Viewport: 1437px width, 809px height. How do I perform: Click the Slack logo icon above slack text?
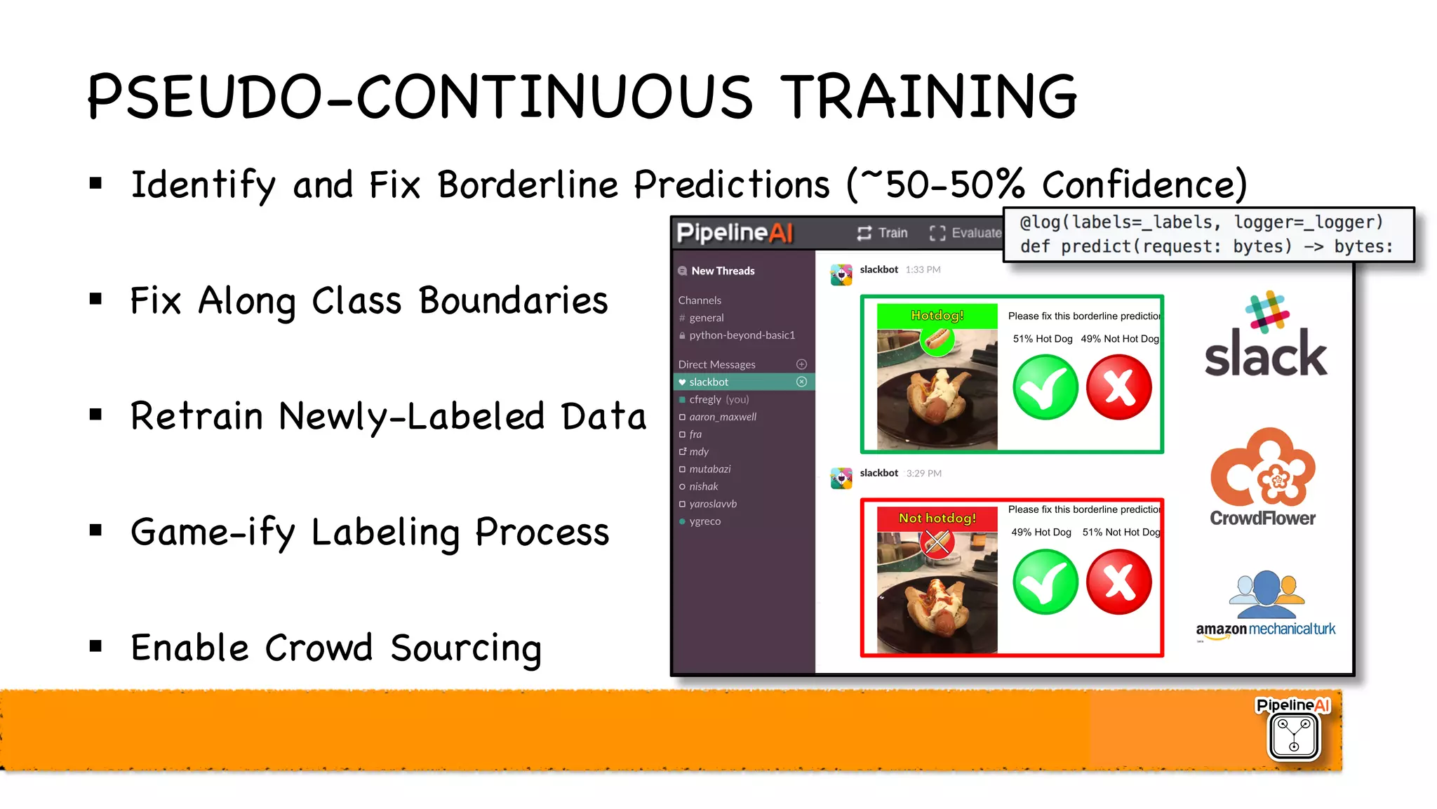[x=1267, y=312]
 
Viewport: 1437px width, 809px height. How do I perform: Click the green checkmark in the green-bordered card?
[x=1045, y=387]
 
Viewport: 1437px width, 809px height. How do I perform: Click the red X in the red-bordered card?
[x=1118, y=582]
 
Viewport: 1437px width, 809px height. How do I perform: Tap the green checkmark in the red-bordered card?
[x=1045, y=582]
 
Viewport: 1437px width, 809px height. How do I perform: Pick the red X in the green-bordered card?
[x=1118, y=387]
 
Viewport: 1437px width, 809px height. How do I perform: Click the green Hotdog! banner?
[x=937, y=316]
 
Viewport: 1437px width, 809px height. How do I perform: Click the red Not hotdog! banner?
[x=937, y=519]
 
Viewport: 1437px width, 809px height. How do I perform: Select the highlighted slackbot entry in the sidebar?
[x=709, y=382]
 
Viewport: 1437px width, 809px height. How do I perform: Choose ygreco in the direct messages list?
[x=704, y=521]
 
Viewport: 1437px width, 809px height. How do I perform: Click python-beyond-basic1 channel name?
[x=742, y=335]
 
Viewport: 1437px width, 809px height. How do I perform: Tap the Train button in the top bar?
[x=883, y=233]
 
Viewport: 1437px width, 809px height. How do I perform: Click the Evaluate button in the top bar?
[x=966, y=233]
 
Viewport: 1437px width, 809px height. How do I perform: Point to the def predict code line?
[x=1205, y=247]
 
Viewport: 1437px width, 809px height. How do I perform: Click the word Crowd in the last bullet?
[x=318, y=648]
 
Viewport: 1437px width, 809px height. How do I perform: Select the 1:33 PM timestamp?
[x=923, y=269]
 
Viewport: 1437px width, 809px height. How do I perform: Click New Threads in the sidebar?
[x=723, y=271]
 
